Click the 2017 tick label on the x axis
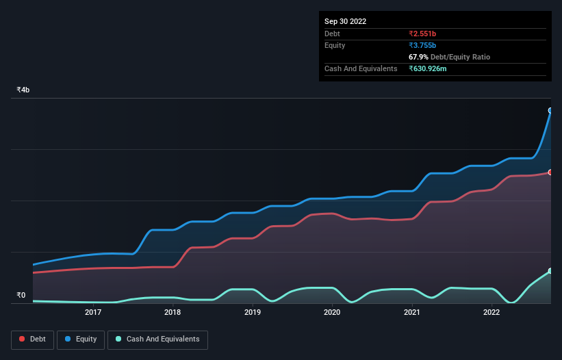click(x=93, y=313)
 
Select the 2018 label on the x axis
click(x=173, y=313)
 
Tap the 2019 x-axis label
click(x=253, y=313)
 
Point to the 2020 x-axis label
click(x=332, y=313)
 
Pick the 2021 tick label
click(x=411, y=313)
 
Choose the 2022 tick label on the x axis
click(x=491, y=313)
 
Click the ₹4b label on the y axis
click(x=23, y=90)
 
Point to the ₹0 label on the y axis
click(x=21, y=296)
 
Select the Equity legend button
click(x=81, y=339)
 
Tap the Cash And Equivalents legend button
click(x=157, y=339)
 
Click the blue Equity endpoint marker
click(x=550, y=110)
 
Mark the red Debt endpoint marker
click(x=550, y=172)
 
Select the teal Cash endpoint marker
click(x=550, y=271)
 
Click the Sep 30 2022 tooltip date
click(x=345, y=21)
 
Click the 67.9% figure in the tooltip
click(x=420, y=57)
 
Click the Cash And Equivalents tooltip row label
click(x=361, y=68)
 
